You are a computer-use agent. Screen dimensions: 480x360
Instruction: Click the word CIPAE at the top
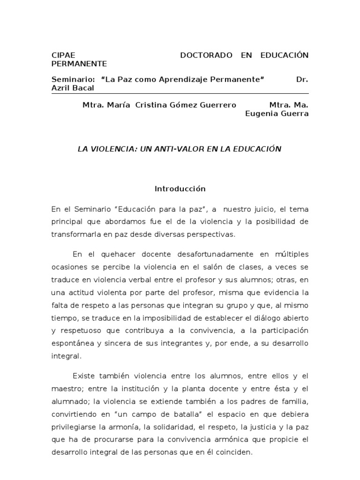(63, 55)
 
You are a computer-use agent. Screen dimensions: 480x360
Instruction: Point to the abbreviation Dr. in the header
(302, 79)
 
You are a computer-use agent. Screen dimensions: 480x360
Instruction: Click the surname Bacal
(84, 88)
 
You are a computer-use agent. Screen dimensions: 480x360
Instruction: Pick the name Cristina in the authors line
(151, 105)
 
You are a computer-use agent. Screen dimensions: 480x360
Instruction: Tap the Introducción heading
(180, 189)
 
